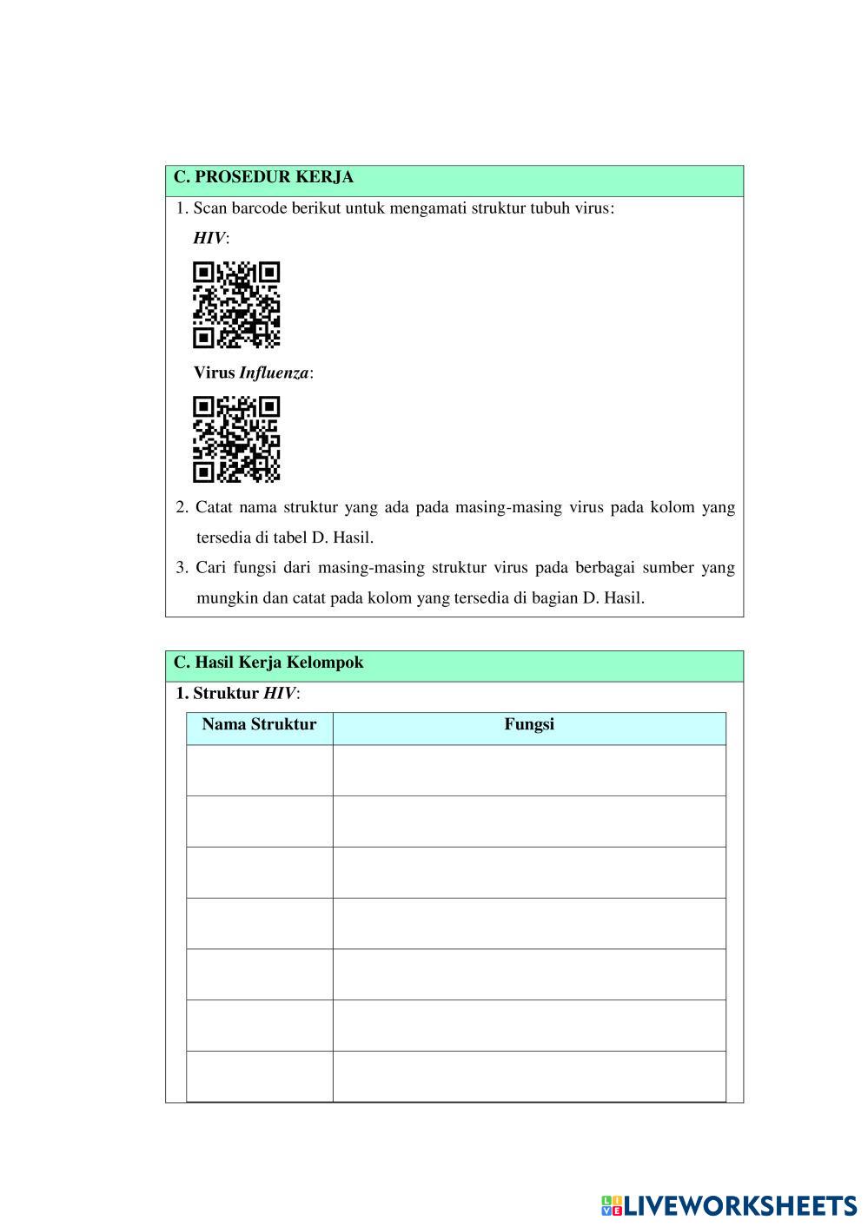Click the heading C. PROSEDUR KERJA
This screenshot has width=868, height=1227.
[263, 177]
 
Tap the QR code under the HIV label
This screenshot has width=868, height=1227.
[236, 305]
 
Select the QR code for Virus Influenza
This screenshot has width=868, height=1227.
[236, 439]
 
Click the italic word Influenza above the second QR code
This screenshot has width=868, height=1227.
[274, 373]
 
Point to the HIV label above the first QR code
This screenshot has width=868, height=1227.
[209, 239]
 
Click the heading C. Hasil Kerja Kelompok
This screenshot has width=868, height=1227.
[268, 663]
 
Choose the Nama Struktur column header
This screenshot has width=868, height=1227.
[259, 725]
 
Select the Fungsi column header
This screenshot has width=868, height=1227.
[529, 725]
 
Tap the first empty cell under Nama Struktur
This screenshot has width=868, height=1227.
[259, 770]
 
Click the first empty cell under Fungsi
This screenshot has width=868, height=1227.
[529, 770]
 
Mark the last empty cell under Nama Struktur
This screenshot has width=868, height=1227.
[259, 1077]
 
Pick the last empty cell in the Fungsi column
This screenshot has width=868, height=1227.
[529, 1077]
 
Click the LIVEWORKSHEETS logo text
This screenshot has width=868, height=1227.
[740, 1205]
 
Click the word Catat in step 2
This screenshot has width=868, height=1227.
[214, 507]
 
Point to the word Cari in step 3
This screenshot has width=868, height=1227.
[211, 568]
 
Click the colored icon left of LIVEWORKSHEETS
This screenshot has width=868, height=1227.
[611, 1205]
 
